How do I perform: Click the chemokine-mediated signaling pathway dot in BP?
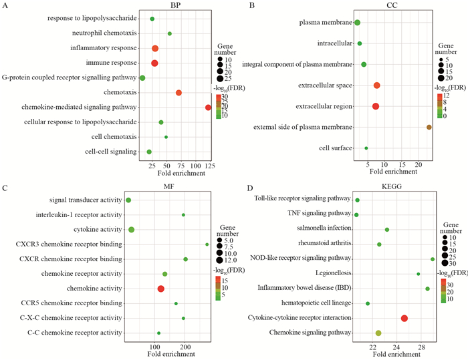point(208,108)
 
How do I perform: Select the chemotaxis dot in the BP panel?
point(179,93)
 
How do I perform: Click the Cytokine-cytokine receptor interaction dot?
point(404,319)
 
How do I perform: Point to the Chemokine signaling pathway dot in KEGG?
point(378,333)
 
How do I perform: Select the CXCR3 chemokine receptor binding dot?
point(207,244)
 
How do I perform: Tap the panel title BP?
point(174,5)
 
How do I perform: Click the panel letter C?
point(5,188)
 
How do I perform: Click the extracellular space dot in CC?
point(377,85)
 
